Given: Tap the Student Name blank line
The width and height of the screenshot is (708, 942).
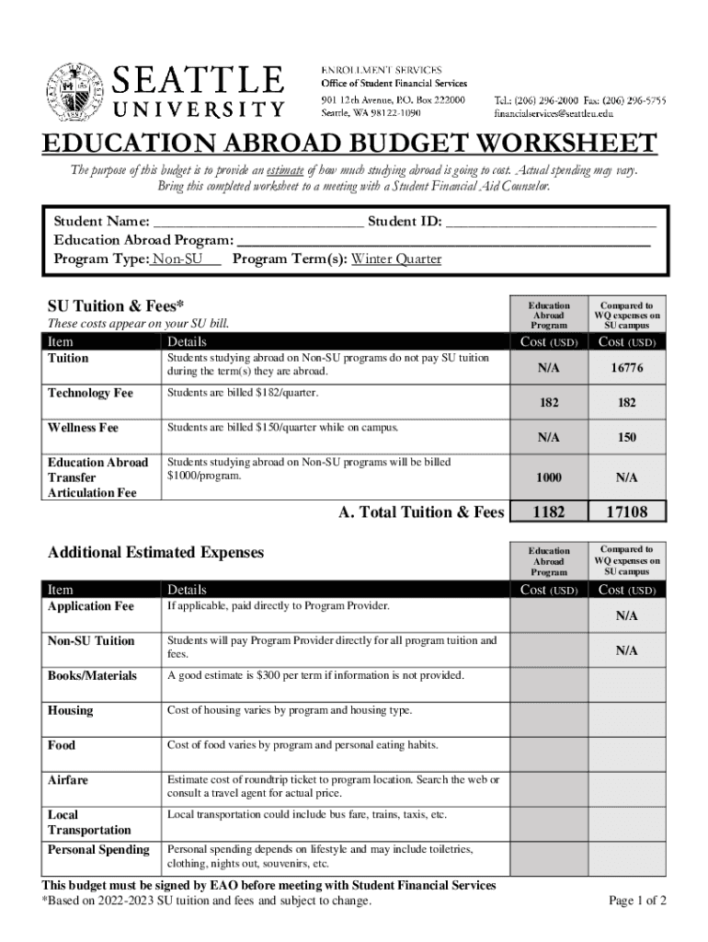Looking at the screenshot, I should (x=257, y=222).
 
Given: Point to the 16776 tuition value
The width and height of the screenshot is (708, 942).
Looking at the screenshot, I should (x=627, y=368).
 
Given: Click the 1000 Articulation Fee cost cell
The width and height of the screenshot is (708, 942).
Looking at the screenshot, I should (x=549, y=478).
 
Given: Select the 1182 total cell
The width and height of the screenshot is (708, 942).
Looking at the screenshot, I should (x=549, y=512).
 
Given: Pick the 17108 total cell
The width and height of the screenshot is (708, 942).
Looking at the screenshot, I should (x=628, y=512).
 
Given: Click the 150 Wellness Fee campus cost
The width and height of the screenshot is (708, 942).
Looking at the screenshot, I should (x=627, y=438).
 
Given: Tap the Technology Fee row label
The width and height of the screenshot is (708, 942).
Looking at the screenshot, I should (x=90, y=394).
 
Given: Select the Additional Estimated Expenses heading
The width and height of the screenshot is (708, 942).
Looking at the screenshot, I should (x=155, y=553).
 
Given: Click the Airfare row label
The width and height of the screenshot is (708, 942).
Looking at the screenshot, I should (x=68, y=780).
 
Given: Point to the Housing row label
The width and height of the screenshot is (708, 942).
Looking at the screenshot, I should (x=70, y=711).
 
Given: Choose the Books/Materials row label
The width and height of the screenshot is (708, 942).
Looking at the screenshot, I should (x=91, y=676).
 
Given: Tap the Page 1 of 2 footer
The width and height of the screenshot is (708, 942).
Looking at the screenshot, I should (x=637, y=901).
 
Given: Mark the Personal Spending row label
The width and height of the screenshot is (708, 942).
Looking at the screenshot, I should (x=98, y=850).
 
